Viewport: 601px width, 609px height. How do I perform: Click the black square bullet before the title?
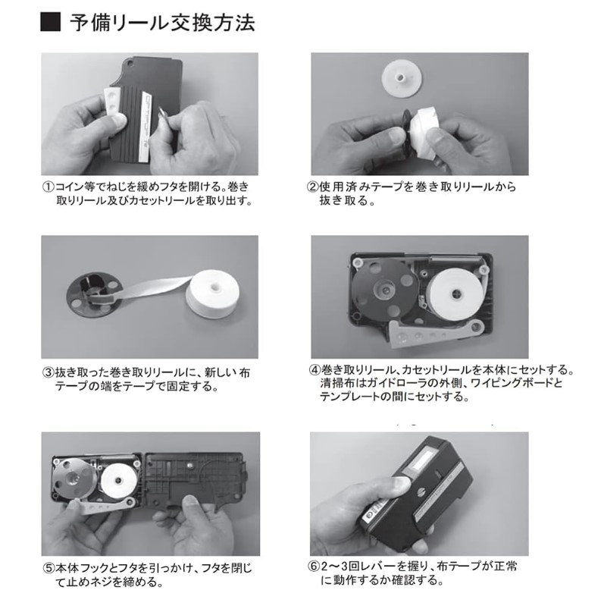(51, 22)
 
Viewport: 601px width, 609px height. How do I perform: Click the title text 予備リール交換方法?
(162, 23)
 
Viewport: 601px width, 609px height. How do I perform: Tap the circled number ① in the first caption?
(49, 187)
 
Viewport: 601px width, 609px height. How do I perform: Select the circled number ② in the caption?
(313, 187)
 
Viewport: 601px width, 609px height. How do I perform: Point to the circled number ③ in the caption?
(49, 373)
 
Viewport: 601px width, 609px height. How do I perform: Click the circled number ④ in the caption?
(314, 369)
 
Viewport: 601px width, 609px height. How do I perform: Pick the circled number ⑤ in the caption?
(49, 568)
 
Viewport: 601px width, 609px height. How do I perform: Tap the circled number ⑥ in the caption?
(314, 566)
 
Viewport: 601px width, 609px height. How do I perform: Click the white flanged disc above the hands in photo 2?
(399, 77)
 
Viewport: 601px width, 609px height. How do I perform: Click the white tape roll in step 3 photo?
(212, 294)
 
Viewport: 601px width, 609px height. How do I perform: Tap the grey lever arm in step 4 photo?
(436, 331)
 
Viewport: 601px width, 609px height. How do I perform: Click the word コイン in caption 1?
(70, 187)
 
